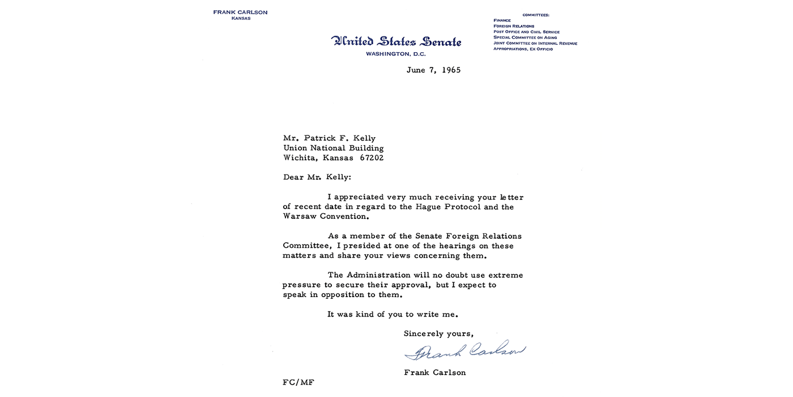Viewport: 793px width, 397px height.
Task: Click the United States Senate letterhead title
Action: point(396,41)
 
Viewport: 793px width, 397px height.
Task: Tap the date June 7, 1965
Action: point(433,70)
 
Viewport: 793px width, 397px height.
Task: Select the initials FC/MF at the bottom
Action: point(298,382)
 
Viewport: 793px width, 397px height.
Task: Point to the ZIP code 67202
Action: point(372,158)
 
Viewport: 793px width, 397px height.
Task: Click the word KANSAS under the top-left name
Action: point(241,19)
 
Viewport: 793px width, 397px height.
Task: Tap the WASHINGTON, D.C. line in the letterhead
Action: point(395,54)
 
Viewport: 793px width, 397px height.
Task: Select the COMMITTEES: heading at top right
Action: point(535,15)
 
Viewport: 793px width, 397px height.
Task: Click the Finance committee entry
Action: point(502,20)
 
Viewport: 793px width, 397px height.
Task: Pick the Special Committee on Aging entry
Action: point(525,37)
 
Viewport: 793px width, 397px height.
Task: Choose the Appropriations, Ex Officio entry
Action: point(523,49)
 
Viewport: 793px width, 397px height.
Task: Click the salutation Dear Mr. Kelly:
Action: point(317,177)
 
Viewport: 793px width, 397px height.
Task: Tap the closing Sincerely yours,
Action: point(438,333)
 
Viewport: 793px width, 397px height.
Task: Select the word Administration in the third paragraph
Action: point(377,275)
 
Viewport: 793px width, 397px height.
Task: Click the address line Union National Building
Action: point(333,149)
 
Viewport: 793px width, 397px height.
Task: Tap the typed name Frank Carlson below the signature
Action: point(434,373)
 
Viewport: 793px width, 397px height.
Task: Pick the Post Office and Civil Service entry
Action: point(526,32)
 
